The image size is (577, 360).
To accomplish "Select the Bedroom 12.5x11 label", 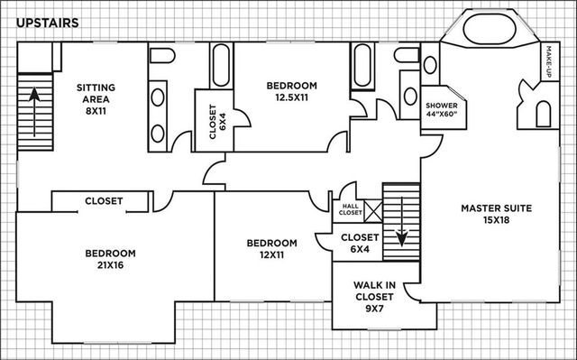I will tap(292, 91).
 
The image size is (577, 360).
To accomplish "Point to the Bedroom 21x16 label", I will tap(110, 260).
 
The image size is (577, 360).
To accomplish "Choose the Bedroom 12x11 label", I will tap(271, 249).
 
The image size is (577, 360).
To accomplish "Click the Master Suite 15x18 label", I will tap(496, 215).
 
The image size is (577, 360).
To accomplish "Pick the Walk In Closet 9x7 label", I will tap(373, 295).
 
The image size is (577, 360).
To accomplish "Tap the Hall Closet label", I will tap(349, 209).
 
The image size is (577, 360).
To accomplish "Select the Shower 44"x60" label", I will tap(442, 111).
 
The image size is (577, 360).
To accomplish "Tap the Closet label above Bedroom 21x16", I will tap(104, 201).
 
